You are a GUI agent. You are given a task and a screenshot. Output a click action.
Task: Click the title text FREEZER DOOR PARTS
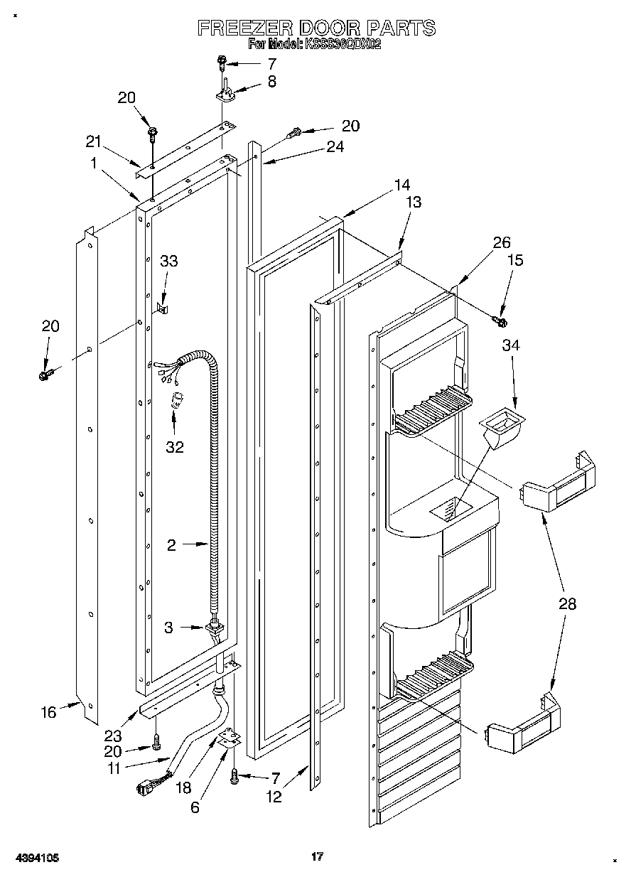[x=315, y=28]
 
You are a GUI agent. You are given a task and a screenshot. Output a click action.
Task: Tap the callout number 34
[x=511, y=345]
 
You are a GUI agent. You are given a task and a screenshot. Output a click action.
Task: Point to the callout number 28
[x=567, y=604]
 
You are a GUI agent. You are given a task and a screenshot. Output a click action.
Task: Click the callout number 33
[x=168, y=261]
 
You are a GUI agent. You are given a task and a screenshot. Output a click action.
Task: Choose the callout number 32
[x=175, y=447]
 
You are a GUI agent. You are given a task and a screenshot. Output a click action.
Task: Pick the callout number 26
[x=502, y=243]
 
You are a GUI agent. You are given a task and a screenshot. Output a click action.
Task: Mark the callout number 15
[x=514, y=260]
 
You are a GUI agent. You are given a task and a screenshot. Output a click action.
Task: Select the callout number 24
[x=335, y=147]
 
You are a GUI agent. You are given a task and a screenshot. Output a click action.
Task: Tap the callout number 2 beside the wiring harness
[x=171, y=545]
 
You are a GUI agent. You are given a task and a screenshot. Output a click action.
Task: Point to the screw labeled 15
[x=500, y=322]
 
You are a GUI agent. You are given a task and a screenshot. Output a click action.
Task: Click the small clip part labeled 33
[x=162, y=308]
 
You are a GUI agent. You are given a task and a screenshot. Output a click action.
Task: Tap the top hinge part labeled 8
[x=224, y=90]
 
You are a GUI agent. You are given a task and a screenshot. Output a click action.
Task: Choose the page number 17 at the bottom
[x=317, y=856]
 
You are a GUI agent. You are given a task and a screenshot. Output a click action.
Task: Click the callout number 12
[x=274, y=797]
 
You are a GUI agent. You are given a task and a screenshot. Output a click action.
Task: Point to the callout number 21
[x=94, y=141]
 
